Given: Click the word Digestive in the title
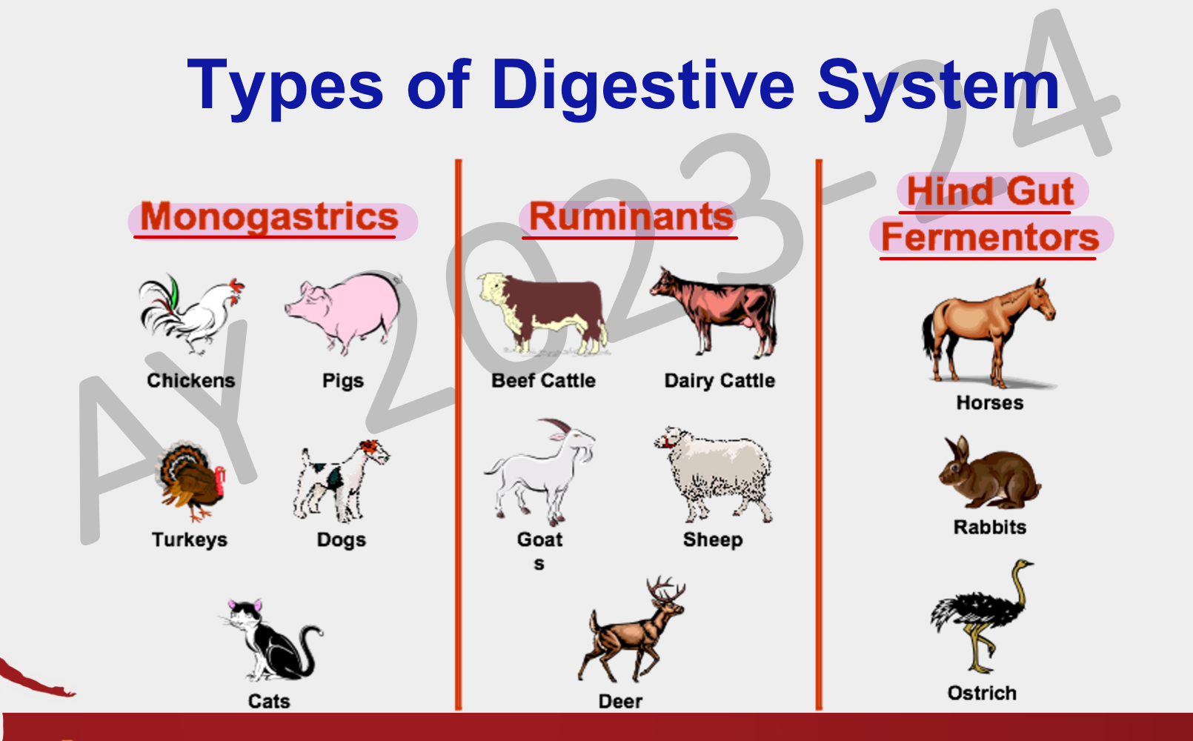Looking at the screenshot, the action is point(643,86).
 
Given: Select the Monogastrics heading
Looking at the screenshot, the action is point(270,218).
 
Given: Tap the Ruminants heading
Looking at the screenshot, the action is point(631,217).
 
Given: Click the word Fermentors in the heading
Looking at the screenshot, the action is point(990,237).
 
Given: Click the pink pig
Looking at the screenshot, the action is point(344,313).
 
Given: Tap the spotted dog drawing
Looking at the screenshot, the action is point(341,480).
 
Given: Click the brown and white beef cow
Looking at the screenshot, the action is point(542,314).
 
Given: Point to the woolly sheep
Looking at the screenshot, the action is point(714,474).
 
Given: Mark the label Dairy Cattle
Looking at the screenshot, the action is point(720,381).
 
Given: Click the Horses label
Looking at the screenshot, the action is point(989,402).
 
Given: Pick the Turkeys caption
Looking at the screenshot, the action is point(190,540).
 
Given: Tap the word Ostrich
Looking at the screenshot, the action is point(982,693).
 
